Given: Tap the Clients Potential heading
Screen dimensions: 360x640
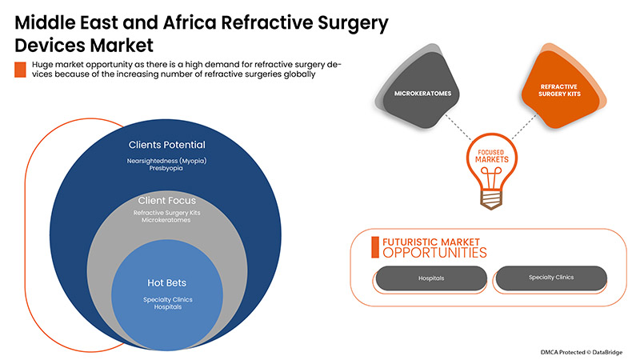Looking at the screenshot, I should [x=167, y=145].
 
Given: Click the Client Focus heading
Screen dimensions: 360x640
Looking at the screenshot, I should [x=167, y=200].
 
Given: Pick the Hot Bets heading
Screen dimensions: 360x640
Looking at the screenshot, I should [x=167, y=282].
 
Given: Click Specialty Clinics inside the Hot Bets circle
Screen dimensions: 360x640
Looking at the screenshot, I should [x=167, y=299].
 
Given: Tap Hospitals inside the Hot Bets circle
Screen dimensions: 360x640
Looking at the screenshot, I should [x=167, y=308].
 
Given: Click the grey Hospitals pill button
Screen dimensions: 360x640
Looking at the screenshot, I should [x=430, y=278].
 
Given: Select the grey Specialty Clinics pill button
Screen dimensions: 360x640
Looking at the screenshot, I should [x=551, y=278].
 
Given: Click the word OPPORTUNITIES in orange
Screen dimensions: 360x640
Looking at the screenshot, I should [x=434, y=253].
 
